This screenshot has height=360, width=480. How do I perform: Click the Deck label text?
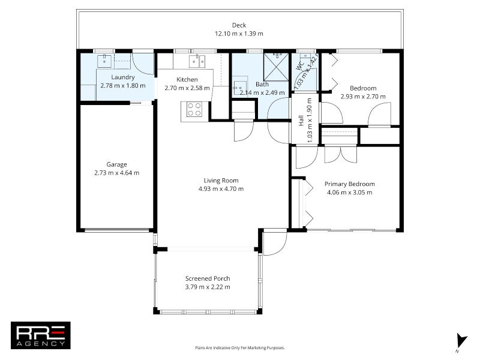coord(239,25)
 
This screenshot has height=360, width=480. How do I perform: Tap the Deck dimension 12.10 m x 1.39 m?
coord(239,34)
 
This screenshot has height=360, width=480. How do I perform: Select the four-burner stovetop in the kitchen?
coord(194,109)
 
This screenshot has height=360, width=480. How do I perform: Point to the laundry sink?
coord(104,61)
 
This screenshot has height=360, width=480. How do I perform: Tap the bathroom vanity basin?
coord(239,85)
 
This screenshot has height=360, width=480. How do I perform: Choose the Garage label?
coord(116,164)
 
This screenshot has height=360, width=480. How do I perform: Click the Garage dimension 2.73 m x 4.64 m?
coord(116,173)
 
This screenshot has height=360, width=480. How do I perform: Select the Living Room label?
coord(221,180)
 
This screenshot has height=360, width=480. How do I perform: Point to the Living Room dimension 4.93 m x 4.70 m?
coord(221,189)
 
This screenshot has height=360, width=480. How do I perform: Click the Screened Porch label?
coord(208,278)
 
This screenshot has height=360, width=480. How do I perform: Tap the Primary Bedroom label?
coord(349,184)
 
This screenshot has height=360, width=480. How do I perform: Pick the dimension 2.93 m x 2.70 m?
coord(362,96)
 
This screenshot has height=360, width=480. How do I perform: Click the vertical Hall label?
coord(301,120)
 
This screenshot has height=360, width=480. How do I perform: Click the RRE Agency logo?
coord(41,335)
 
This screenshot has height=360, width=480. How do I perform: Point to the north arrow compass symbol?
coord(460,340)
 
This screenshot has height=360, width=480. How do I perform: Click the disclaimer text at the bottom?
coord(239,347)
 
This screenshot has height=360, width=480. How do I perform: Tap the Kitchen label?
coord(187,79)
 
